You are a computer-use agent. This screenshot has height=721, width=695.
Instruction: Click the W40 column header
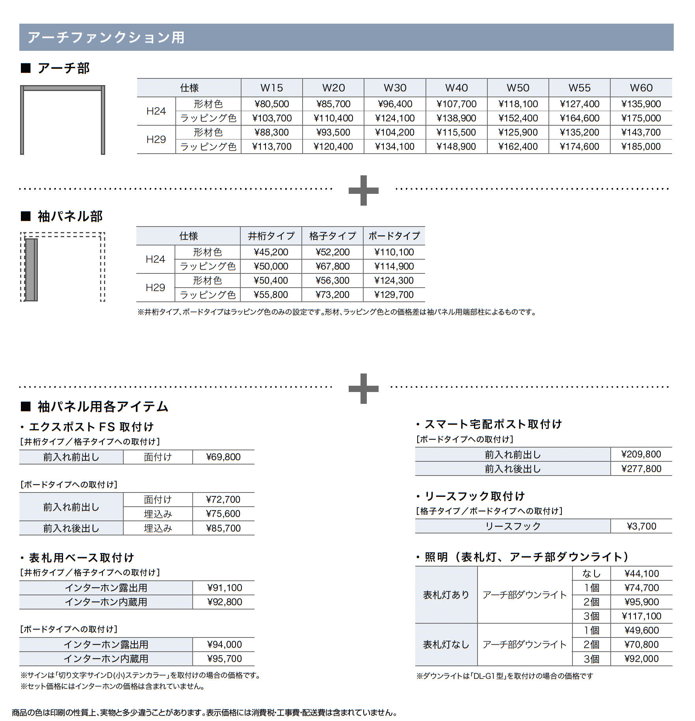point(456,88)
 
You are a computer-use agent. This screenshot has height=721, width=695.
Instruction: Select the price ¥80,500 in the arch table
point(271,104)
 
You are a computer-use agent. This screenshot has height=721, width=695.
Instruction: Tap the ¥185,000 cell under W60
point(641,147)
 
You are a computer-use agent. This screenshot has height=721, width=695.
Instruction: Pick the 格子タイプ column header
point(333,236)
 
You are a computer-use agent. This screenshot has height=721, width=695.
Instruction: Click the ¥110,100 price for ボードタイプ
point(394,252)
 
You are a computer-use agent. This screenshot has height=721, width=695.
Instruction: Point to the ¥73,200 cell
point(332,295)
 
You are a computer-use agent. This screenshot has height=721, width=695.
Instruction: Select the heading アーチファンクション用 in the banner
point(106,37)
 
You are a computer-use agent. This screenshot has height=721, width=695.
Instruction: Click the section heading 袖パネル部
point(70,216)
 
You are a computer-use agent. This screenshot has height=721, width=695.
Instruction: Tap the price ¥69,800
point(223,457)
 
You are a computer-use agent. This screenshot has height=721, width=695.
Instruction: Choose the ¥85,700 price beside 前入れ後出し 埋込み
point(223,528)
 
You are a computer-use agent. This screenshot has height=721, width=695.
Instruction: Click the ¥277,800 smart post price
point(641,469)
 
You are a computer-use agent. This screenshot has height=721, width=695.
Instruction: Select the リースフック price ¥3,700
point(641,526)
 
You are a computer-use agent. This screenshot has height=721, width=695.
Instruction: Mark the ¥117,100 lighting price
point(641,616)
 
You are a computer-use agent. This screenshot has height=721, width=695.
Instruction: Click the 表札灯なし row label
point(446,645)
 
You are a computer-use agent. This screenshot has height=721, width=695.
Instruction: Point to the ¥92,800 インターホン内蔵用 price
point(224,602)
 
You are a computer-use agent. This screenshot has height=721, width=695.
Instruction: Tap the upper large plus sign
point(363,190)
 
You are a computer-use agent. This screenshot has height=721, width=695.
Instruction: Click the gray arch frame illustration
point(63,88)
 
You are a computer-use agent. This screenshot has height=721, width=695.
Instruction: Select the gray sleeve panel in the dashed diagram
point(32,269)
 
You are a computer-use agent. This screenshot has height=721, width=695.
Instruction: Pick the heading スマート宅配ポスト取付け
point(493,424)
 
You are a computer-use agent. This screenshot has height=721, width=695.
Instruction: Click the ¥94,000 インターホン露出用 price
point(224,645)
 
